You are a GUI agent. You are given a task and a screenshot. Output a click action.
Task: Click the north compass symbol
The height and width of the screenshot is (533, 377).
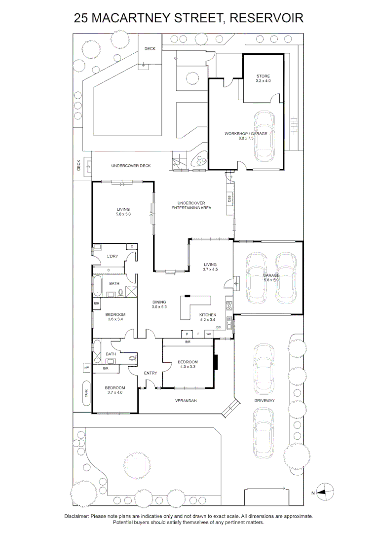tap(325, 491)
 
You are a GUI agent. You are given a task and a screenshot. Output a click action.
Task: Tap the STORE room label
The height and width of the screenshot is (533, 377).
tap(263, 76)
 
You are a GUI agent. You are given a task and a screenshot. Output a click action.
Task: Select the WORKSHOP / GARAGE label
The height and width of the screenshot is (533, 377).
tap(246, 134)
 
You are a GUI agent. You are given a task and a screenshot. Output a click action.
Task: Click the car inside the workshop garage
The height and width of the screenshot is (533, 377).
tap(264, 136)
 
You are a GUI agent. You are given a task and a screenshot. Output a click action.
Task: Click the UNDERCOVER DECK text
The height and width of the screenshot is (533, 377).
tap(131, 166)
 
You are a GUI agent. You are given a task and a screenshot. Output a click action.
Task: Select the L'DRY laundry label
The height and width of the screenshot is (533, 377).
tap(113, 256)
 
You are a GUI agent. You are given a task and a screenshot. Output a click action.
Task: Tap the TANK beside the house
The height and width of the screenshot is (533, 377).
tap(86, 393)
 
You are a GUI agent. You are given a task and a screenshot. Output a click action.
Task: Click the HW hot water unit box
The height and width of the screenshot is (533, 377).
tap(86, 368)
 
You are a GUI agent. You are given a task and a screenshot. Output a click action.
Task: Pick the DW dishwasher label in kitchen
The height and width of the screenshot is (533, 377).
tap(218, 327)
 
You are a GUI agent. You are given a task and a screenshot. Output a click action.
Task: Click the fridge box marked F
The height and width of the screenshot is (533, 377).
tap(198, 334)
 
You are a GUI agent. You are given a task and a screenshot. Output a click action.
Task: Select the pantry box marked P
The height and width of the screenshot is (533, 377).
tap(188, 334)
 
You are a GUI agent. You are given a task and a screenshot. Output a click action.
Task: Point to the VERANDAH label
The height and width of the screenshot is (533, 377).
tap(186, 401)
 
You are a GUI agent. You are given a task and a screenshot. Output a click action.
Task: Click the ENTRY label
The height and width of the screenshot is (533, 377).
tap(151, 373)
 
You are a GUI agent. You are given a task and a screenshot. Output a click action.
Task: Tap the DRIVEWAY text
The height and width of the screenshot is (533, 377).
tap(265, 401)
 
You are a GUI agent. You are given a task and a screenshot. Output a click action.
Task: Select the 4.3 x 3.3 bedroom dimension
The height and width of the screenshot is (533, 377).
tap(188, 367)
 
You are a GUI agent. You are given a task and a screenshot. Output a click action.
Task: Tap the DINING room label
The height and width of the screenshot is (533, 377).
tap(159, 302)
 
